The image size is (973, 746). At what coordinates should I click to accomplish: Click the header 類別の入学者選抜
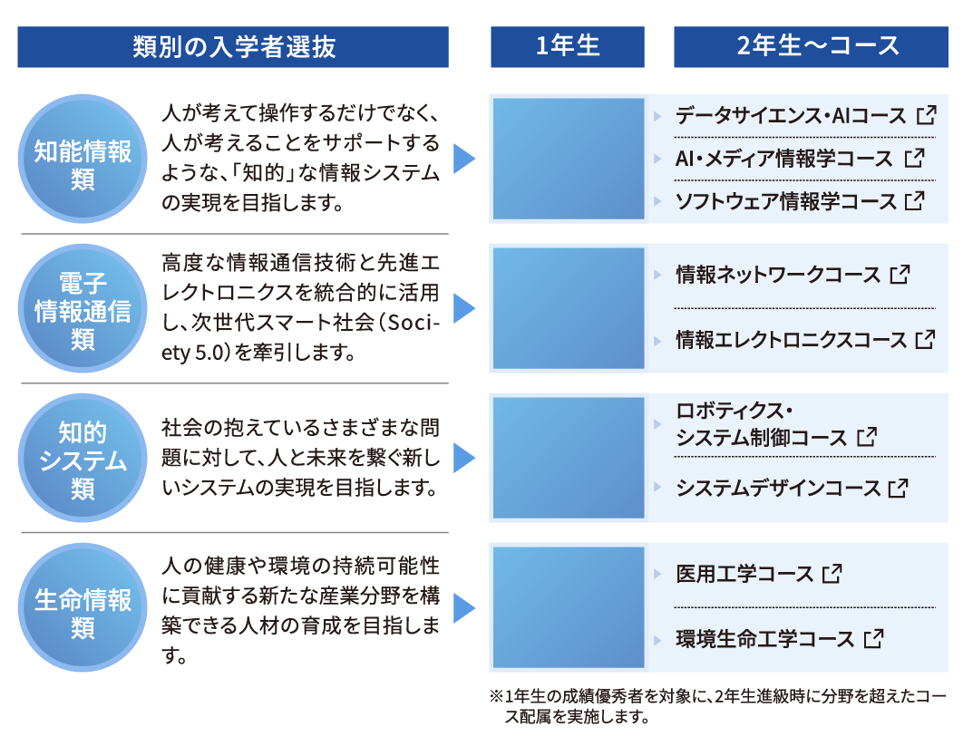233,46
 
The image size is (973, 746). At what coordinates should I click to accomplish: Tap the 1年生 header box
567,46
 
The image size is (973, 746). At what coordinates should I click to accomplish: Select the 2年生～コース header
811,46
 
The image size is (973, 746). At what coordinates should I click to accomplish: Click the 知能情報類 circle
83,159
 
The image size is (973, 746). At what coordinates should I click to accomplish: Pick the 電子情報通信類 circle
83,308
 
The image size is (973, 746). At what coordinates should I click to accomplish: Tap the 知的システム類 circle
83,458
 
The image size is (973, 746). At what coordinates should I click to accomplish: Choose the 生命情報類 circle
83,607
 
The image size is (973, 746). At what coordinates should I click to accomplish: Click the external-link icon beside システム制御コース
867,437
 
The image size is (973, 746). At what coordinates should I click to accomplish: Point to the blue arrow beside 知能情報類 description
463,159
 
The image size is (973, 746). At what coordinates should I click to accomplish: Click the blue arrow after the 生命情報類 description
463,607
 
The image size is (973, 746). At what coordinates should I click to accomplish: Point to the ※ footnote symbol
496,696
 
